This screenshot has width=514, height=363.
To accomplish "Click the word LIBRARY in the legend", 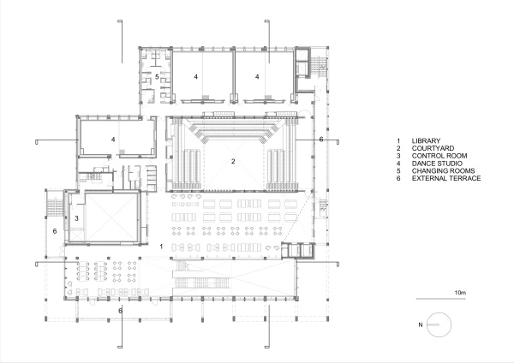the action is coord(426,141).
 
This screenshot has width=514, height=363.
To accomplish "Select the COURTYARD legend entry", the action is coord(433,148).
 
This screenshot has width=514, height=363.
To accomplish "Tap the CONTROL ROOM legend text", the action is coord(439,156).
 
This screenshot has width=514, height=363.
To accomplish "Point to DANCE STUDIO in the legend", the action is coord(437,164).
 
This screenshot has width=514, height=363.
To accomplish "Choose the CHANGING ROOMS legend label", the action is coord(443,171).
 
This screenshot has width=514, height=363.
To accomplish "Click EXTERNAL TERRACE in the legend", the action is coord(446,179).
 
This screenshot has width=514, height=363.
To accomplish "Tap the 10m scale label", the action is coord(460,293).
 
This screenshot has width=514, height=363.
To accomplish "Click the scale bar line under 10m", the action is coord(440,299).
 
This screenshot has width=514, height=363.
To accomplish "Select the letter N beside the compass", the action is coord(421,325).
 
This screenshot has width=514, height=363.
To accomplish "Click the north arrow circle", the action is coord(439,312).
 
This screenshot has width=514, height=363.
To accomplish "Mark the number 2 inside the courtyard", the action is coord(233,161).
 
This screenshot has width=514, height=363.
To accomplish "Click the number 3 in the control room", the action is coord(76,218).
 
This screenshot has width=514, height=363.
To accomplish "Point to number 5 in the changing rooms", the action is coord(157,77).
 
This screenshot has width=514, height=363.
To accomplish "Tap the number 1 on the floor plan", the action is coord(161,247).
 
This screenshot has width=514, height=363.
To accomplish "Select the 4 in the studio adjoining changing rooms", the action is coord(195,77).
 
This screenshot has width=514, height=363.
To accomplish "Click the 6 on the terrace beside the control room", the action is coord(55,231).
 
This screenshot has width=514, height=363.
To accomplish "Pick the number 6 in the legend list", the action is coord(398,179).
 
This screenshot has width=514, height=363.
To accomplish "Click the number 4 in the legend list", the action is coord(398,164).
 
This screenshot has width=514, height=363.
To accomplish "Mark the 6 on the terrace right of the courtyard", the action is coord(321,140).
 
